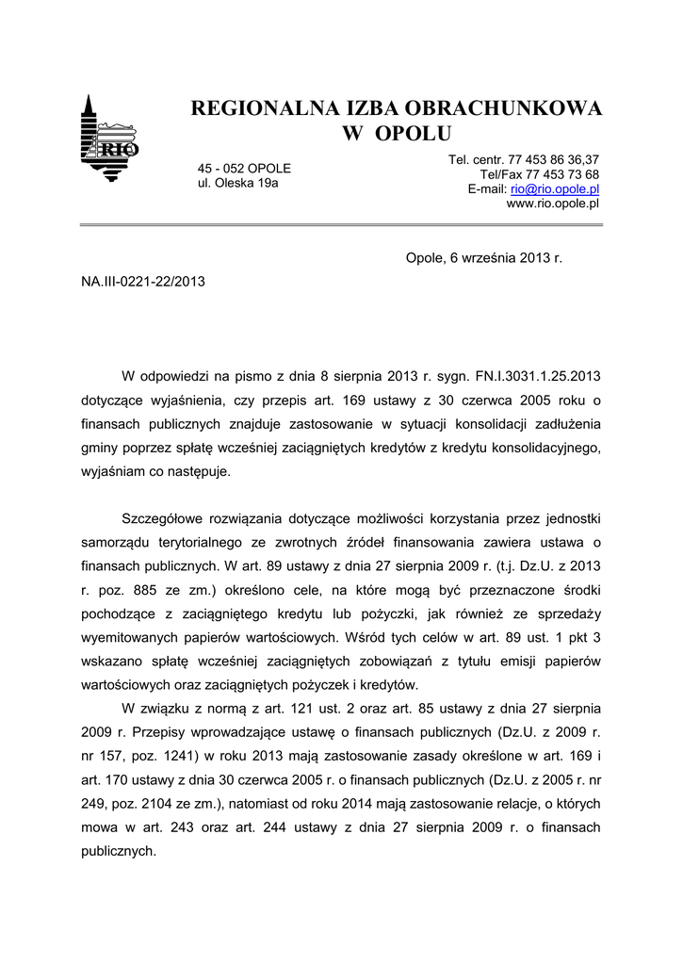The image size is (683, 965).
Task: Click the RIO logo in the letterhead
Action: pyautogui.click(x=109, y=139)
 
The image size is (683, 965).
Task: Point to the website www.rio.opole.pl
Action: pyautogui.click(x=553, y=203)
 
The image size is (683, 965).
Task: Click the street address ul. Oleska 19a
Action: pyautogui.click(x=237, y=183)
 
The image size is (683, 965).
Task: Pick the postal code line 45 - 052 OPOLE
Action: pyautogui.click(x=244, y=168)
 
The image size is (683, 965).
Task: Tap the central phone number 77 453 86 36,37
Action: pyautogui.click(x=555, y=160)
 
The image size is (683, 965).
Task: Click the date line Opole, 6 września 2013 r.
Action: pyautogui.click(x=483, y=257)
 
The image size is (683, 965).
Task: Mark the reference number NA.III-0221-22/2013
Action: pyautogui.click(x=142, y=281)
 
